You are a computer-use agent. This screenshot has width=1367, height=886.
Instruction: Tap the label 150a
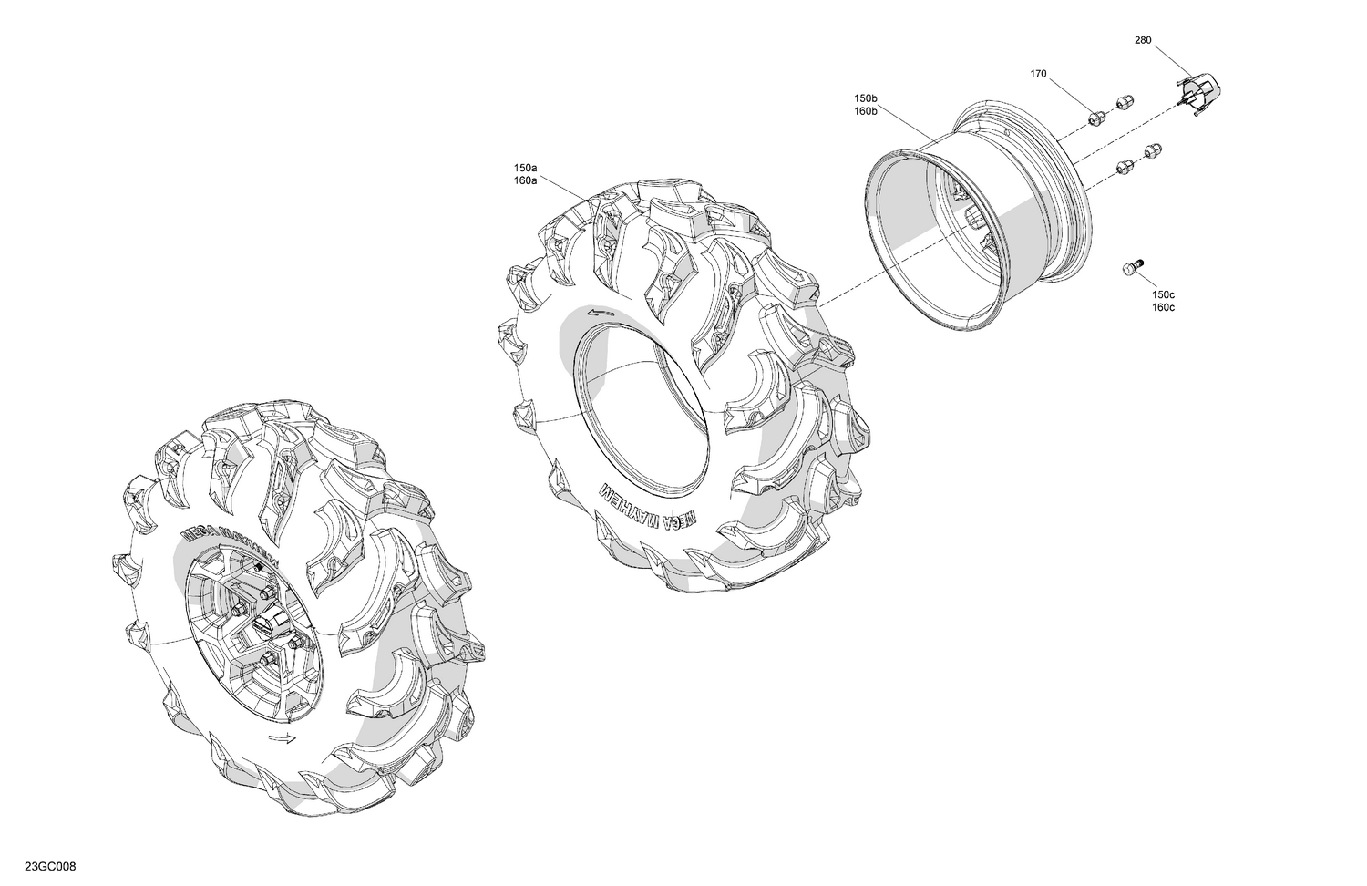(x=526, y=169)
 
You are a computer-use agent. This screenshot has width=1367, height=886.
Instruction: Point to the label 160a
(x=526, y=180)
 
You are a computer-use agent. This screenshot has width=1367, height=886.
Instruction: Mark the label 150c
(x=1163, y=295)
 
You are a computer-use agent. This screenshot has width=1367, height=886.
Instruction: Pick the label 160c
(x=1163, y=307)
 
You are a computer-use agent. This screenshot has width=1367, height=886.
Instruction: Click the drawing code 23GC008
(x=50, y=866)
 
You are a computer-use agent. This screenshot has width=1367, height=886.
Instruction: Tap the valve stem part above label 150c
(x=1131, y=266)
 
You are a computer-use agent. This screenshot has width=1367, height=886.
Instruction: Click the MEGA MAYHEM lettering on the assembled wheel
(x=223, y=538)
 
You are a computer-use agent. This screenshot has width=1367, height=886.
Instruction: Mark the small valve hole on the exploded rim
(x=1008, y=134)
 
